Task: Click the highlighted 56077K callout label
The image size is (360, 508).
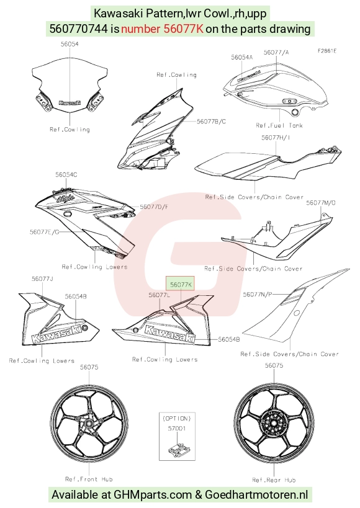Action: point(181,285)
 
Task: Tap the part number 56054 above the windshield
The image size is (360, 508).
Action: point(70,44)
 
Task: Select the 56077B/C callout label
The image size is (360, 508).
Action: point(211,122)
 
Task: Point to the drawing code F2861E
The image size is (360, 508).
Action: point(326,51)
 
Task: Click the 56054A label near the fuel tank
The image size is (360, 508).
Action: point(241,57)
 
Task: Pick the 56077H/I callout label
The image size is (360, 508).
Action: point(276,138)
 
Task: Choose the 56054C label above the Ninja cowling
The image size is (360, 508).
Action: point(66,175)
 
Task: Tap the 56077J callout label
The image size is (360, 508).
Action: point(42,279)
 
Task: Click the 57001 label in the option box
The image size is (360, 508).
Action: point(177,429)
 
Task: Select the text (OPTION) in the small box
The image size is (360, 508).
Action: point(177,419)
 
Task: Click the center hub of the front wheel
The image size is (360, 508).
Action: point(89,424)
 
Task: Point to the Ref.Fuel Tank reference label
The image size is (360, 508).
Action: point(279,125)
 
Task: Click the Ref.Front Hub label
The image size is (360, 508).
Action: point(89,479)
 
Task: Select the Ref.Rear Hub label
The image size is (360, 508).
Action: point(274,480)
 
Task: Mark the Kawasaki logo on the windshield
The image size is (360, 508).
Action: point(70,103)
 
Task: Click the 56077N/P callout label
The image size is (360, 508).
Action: point(258,294)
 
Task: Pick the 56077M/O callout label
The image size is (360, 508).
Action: point(321,203)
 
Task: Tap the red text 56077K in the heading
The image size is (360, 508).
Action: point(183,29)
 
